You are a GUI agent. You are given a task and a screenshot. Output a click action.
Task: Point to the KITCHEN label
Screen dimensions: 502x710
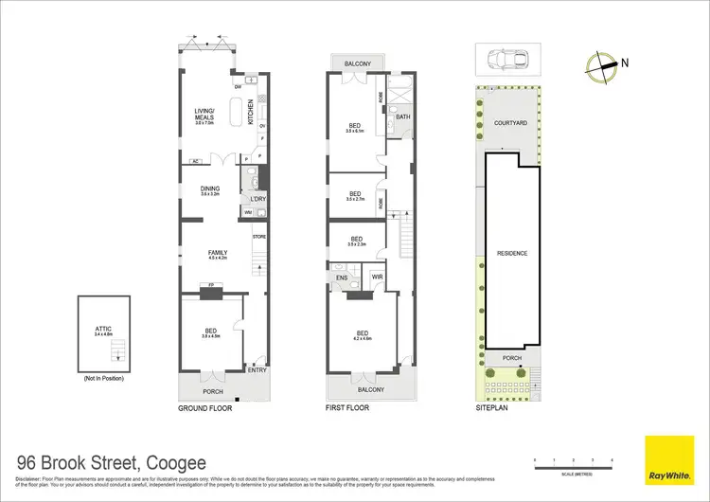[251, 114]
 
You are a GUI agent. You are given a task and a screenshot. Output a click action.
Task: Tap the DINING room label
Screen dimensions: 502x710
[209, 188]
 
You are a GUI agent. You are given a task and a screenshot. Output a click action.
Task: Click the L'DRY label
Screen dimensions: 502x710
[258, 199]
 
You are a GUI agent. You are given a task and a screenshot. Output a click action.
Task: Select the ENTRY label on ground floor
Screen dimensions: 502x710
[257, 370]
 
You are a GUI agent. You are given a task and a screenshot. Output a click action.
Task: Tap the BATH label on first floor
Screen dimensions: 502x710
[402, 117]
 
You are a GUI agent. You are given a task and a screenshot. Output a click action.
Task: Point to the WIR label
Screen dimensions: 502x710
[375, 278]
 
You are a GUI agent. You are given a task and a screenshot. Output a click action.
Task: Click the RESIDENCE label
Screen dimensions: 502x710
[511, 254]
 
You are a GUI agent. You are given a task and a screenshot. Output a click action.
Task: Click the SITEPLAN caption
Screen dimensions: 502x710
[493, 408]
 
